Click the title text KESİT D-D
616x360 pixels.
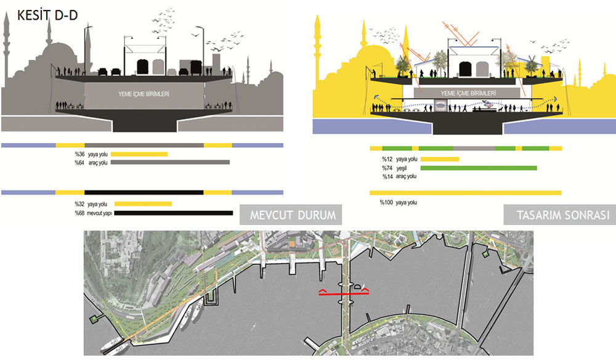pos(47,15)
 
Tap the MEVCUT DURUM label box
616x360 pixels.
pos(291,215)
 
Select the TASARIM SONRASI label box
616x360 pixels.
pos(560,215)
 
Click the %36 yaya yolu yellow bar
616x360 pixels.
pos(139,154)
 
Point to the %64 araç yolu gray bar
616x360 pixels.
pos(170,162)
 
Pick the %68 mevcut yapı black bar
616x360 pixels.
pos(174,213)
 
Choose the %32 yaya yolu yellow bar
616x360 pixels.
pos(143,203)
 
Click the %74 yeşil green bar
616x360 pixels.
pos(479,168)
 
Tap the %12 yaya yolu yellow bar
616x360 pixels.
pos(440,159)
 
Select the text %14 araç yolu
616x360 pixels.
pos(399,176)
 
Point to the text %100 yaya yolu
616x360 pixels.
pos(398,202)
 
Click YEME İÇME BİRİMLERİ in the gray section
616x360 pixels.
pos(144,94)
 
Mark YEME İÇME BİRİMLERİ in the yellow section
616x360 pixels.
pos(468,93)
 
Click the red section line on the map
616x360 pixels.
pos(344,293)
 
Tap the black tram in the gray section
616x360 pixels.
pos(143,67)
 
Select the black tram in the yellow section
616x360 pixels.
pos(465,69)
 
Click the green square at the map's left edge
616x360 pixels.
pos(94,319)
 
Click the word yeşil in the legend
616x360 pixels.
pos(402,168)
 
